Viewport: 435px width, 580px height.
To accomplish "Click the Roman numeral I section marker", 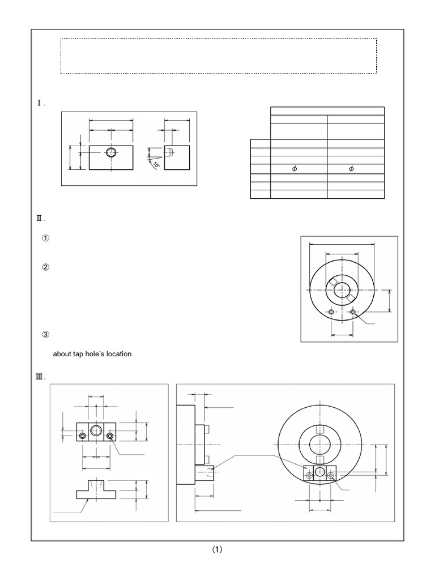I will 40,104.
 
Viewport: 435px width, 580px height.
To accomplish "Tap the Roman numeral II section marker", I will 40,218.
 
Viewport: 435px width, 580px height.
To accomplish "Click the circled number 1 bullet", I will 46,238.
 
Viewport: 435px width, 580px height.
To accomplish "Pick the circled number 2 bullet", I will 46,267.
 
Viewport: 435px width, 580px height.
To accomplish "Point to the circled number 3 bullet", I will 46,335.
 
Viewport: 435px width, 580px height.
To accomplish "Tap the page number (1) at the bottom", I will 217,549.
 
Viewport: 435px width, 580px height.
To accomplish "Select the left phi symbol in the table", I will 294,169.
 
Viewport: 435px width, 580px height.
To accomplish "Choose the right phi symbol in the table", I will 351,169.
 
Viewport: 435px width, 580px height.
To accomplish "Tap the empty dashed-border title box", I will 219,56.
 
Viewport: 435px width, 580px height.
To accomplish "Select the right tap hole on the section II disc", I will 353,312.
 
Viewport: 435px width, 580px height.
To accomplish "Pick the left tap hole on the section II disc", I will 331,312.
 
